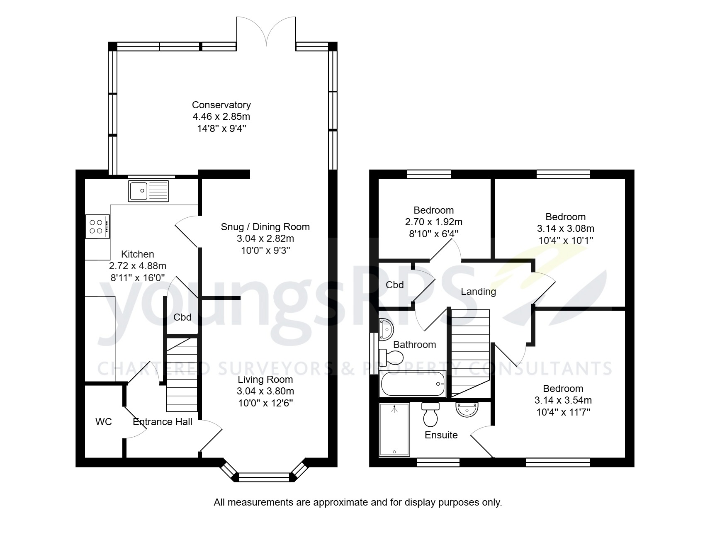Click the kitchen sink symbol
coord(148,191)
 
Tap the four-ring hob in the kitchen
coord(97,226)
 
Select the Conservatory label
coord(221,105)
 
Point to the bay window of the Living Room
coord(265,477)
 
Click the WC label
coord(104,422)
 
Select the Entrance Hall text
coord(163,422)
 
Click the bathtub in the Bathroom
coord(412,384)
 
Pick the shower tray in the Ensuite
coord(394,429)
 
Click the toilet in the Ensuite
coord(430,414)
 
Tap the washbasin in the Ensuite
coord(467,410)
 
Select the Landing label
coord(478,292)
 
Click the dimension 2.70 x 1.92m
coord(433,222)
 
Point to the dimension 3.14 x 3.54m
coord(563,400)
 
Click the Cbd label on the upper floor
coord(394,285)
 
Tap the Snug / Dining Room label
coord(265,227)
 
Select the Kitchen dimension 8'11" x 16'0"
coord(138,277)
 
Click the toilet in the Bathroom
coord(391,357)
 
